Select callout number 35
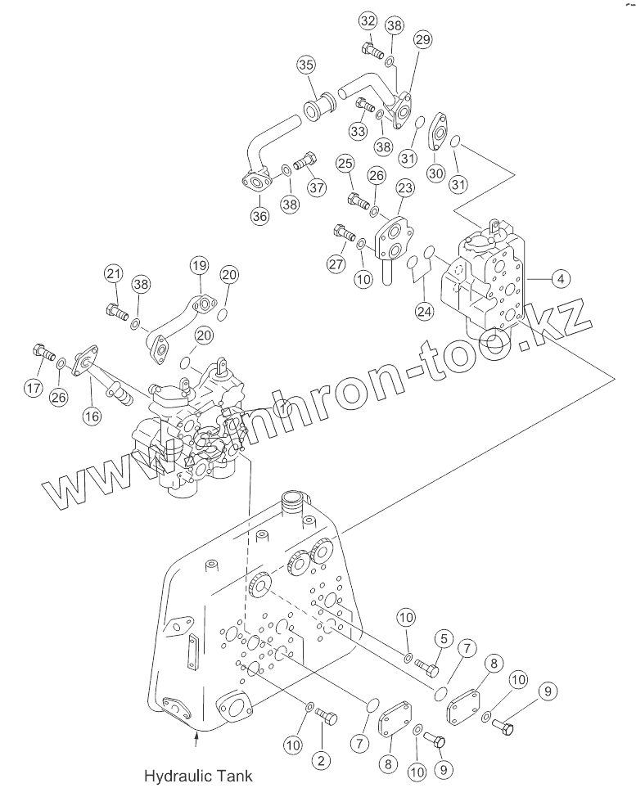[x=305, y=65]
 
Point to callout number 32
[x=368, y=21]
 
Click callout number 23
[x=404, y=190]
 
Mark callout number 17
[x=33, y=389]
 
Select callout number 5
[x=444, y=637]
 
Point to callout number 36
[x=259, y=217]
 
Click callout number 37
[x=317, y=187]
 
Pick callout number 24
[x=423, y=311]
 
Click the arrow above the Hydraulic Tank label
[x=196, y=741]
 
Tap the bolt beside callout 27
[x=343, y=236]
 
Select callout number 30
[x=435, y=173]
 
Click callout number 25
[x=345, y=164]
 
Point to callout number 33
[x=358, y=131]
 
